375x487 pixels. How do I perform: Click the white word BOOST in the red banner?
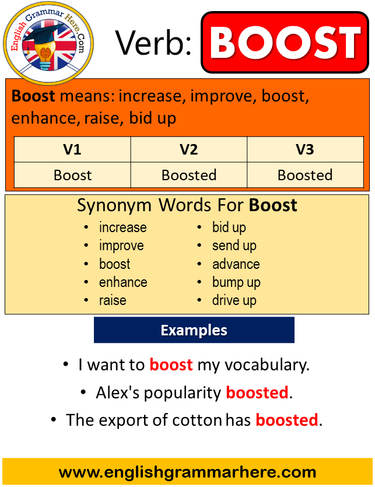pyautogui.click(x=285, y=42)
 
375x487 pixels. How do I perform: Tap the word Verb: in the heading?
pyautogui.click(x=153, y=43)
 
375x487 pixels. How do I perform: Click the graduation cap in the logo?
pyautogui.click(x=44, y=34)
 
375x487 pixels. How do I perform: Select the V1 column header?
pyautogui.click(x=72, y=149)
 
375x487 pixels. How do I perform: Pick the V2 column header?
pyautogui.click(x=189, y=149)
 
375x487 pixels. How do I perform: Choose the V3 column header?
pyautogui.click(x=305, y=149)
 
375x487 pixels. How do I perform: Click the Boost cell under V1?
pyautogui.click(x=73, y=175)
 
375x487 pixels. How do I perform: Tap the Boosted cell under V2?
pyautogui.click(x=189, y=175)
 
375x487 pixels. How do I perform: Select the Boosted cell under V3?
pyautogui.click(x=305, y=175)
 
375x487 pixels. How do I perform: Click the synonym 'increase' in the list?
pyautogui.click(x=122, y=227)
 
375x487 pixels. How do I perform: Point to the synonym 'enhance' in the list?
pyautogui.click(x=123, y=282)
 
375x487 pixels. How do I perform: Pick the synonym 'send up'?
pyautogui.click(x=234, y=246)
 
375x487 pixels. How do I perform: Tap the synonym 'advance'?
pyautogui.click(x=236, y=264)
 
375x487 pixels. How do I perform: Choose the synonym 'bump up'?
pyautogui.click(x=236, y=283)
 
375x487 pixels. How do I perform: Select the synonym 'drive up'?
pyautogui.click(x=234, y=300)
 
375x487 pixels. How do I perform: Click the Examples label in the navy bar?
pyautogui.click(x=194, y=330)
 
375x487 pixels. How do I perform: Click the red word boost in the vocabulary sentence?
pyautogui.click(x=171, y=365)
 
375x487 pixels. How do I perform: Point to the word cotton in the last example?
pyautogui.click(x=197, y=421)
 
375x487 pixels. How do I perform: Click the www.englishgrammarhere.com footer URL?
pyautogui.click(x=187, y=472)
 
